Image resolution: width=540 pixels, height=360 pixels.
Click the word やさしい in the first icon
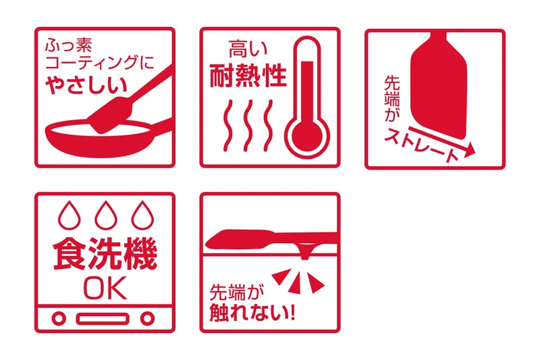click(86, 85)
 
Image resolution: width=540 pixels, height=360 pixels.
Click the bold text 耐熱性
click(248, 76)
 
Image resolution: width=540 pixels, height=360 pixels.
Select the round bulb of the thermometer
click(307, 136)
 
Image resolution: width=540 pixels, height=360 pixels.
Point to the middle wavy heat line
click(248, 126)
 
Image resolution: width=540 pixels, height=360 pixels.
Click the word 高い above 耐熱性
click(248, 49)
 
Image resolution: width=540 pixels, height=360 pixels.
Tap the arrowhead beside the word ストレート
click(469, 150)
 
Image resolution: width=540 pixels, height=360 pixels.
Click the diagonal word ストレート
click(421, 145)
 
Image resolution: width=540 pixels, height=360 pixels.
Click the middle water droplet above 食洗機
click(106, 215)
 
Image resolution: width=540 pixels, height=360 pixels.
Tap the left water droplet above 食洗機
click(70, 215)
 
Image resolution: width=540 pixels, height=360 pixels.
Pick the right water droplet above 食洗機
click(142, 215)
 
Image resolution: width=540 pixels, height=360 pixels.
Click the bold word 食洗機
click(105, 254)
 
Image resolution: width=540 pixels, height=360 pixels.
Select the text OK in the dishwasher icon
click(105, 288)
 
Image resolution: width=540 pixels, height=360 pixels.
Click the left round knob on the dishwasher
click(59, 318)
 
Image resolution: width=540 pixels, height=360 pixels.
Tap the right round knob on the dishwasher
click(147, 318)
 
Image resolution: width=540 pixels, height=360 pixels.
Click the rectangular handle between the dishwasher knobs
click(103, 319)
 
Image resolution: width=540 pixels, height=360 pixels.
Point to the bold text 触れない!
click(252, 313)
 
